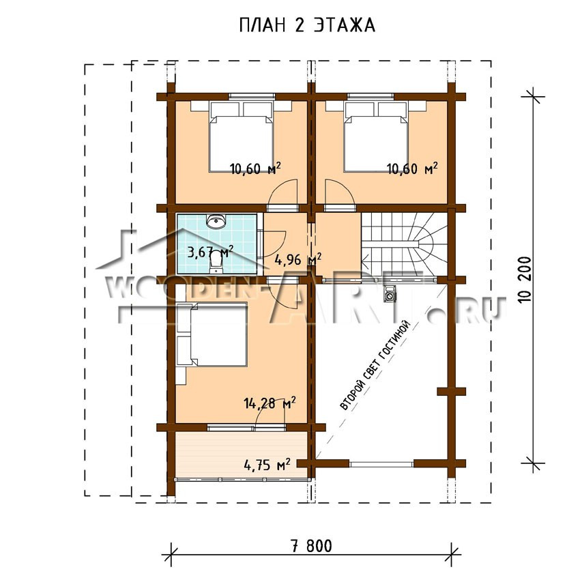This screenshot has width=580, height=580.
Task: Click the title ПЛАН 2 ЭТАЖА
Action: [307, 25]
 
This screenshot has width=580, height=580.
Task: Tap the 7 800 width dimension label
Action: [311, 546]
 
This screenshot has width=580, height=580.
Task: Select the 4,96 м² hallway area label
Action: [298, 259]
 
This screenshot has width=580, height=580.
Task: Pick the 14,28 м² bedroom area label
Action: [270, 403]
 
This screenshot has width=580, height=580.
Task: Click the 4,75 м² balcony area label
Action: [267, 464]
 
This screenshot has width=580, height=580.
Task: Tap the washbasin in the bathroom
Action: [216, 221]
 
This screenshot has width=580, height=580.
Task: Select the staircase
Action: [405, 245]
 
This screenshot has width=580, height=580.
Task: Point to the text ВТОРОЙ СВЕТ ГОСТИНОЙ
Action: [375, 366]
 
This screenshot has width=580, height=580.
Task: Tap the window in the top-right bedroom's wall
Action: [371, 96]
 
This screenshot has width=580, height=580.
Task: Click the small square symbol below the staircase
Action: [390, 295]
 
